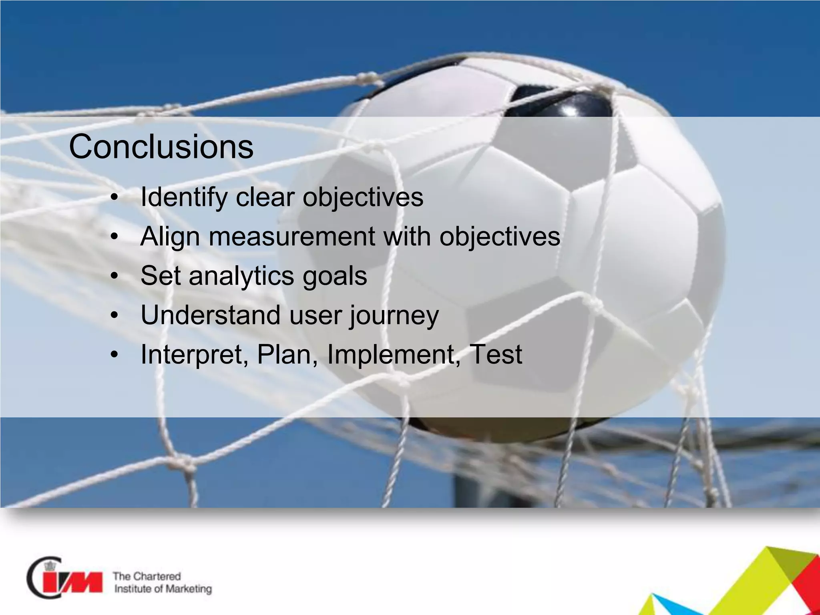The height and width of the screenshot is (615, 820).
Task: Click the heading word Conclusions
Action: (x=161, y=147)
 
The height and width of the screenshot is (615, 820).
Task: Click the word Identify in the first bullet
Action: (x=184, y=197)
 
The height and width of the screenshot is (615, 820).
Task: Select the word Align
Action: (x=170, y=237)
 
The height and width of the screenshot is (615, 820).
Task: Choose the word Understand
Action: (x=210, y=315)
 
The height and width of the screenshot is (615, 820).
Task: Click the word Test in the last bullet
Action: (x=496, y=355)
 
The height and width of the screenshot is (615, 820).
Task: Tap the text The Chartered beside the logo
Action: (x=147, y=576)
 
